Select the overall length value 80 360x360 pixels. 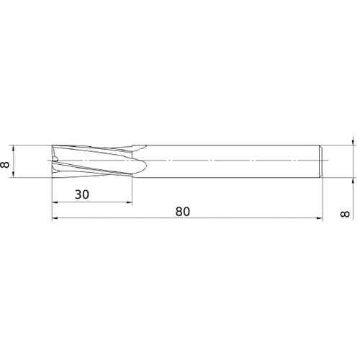[x=183, y=212]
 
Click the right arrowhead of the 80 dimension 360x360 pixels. [x=320, y=220]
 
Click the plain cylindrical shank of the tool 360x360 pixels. [x=230, y=162]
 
